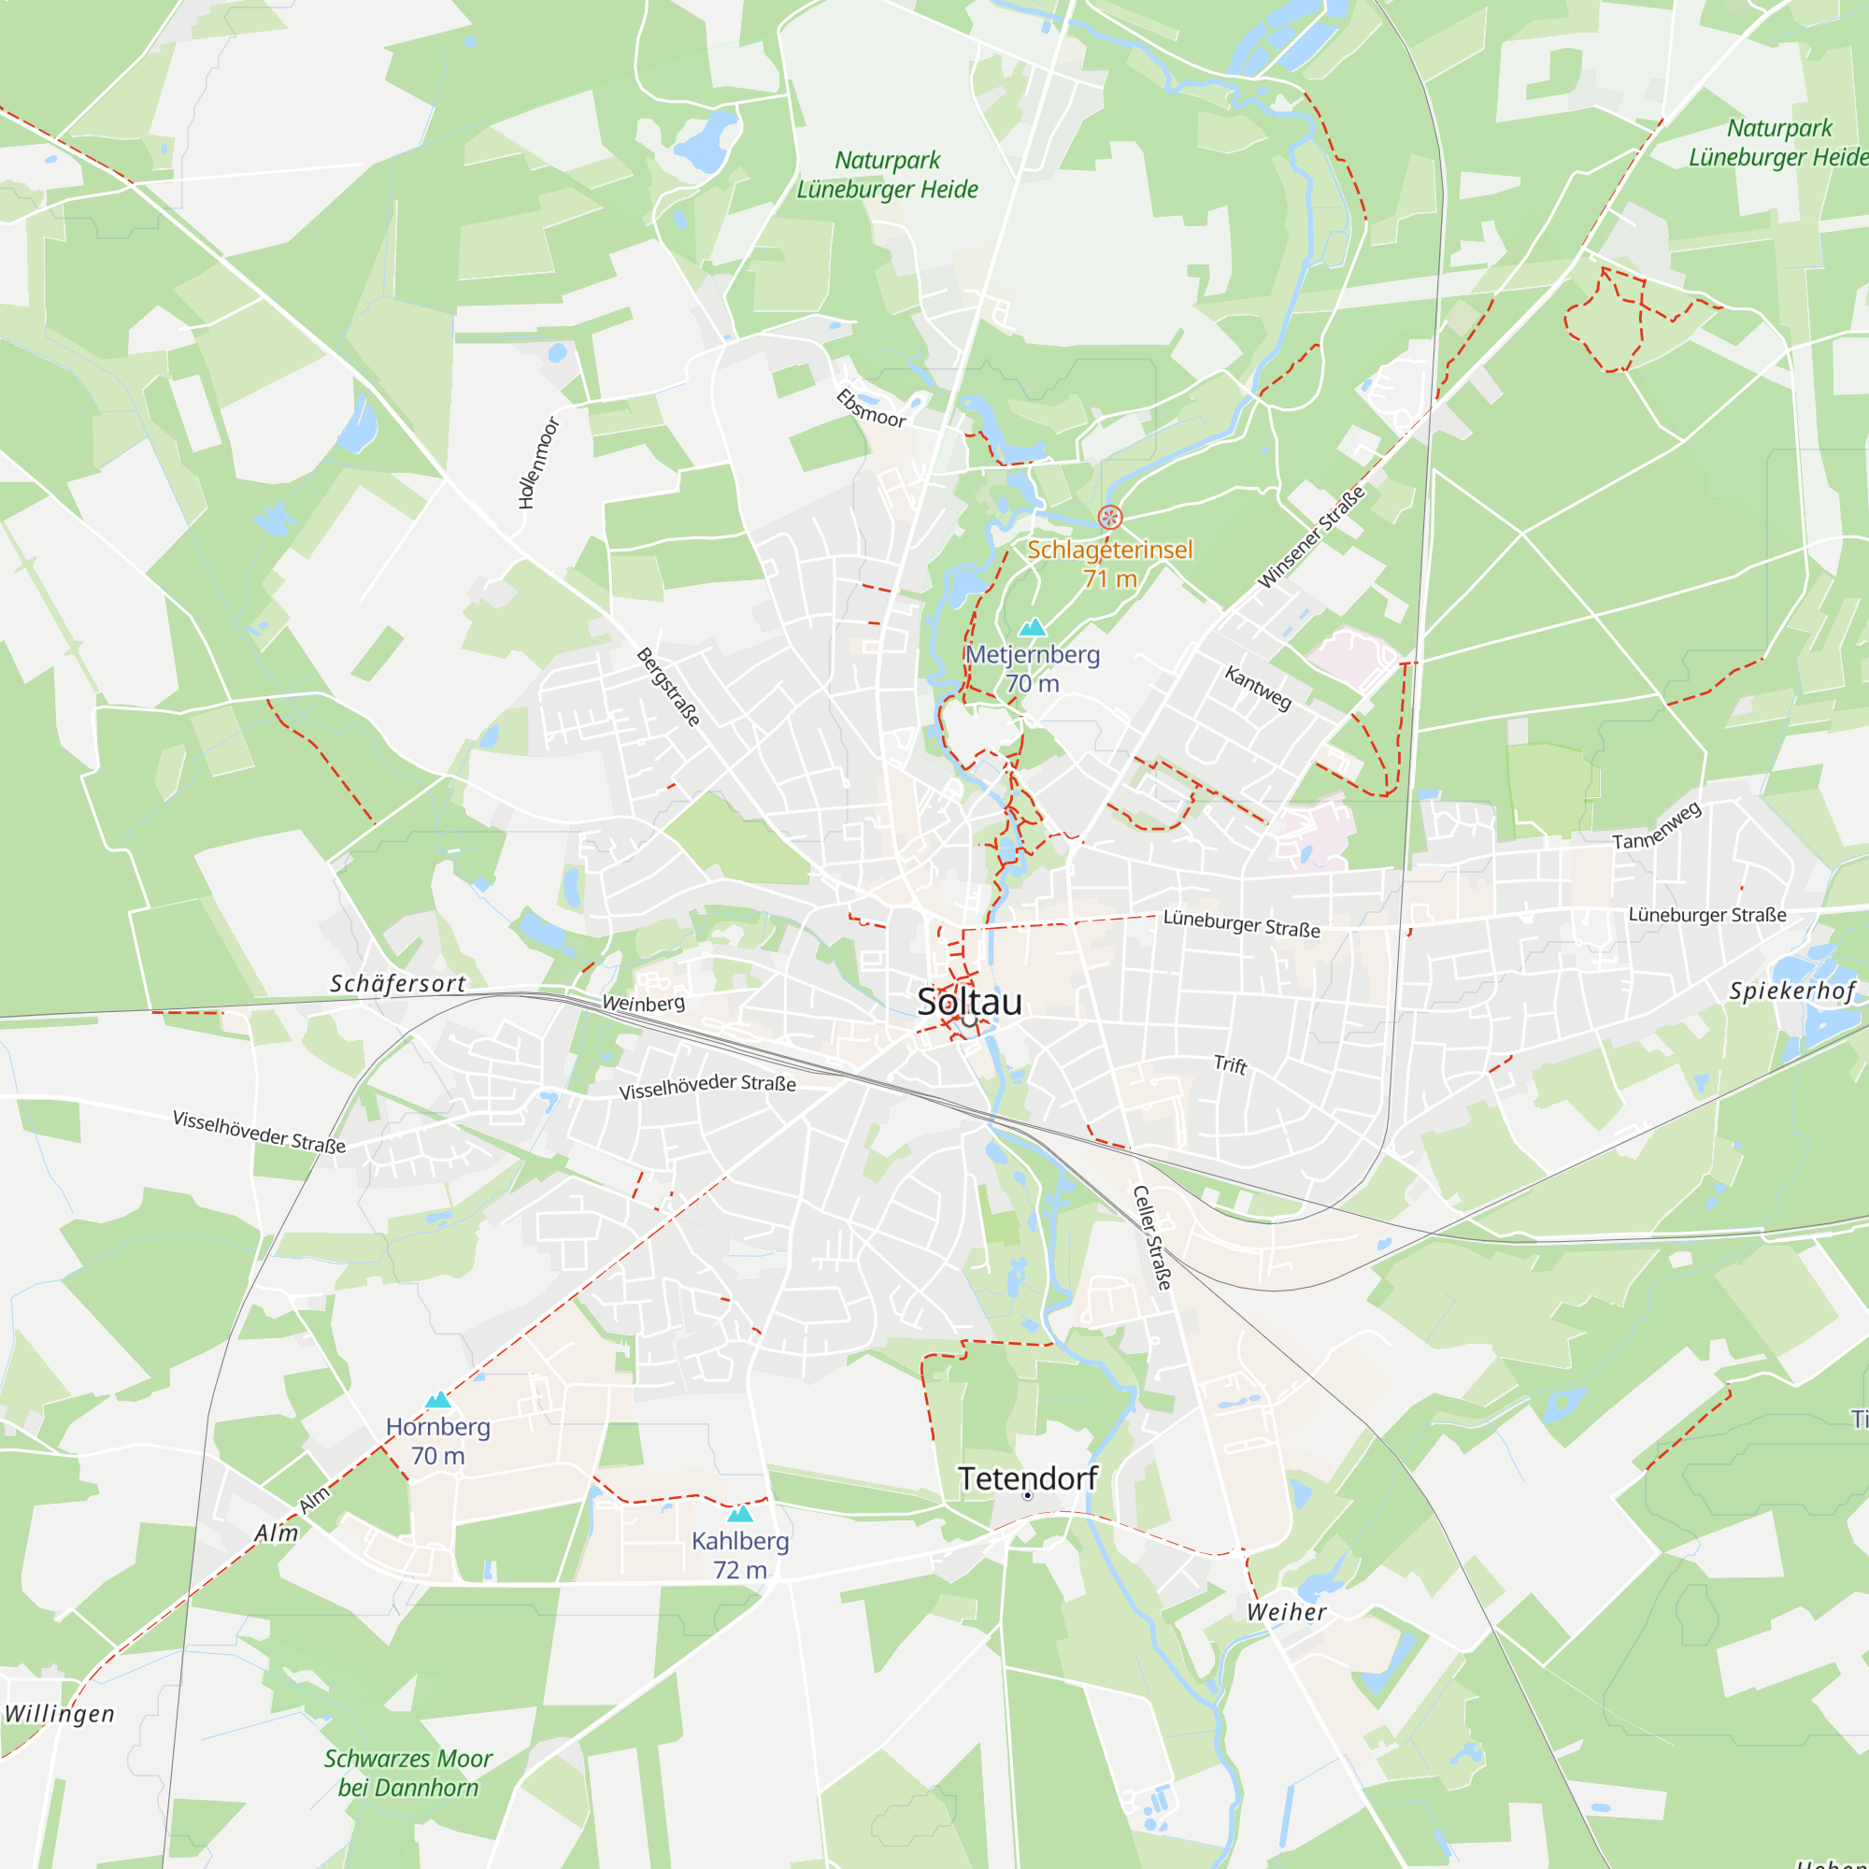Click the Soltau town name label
point(969,1002)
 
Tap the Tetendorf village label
point(1027,1478)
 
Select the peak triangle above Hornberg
point(438,1400)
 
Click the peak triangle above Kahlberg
point(740,1514)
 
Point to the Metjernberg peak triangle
point(1033,627)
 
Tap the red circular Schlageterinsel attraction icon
point(1109,517)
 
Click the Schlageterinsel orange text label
point(1109,549)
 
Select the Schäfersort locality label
point(397,984)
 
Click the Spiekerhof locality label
point(1792,991)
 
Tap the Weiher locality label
point(1287,1612)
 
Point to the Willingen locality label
point(59,1714)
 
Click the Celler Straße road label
point(1152,1237)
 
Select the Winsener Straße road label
point(1311,538)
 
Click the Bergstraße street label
point(668,687)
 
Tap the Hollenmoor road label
point(539,463)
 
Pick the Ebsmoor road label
point(872,408)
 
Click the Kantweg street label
point(1258,688)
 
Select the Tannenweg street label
point(1656,827)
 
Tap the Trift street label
point(1231,1064)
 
